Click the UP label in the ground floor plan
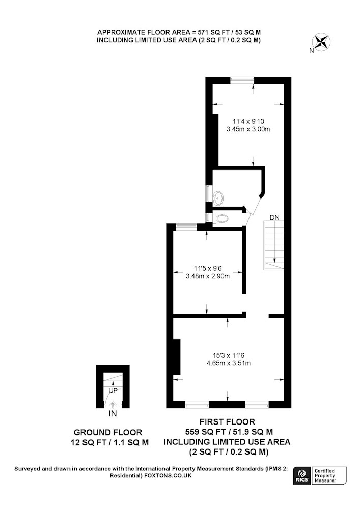coord(113,390)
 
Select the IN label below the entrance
coord(113,414)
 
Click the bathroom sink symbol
coord(218,197)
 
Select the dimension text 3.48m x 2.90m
coord(207,276)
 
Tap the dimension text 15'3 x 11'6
coord(229,355)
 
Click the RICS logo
coord(300,476)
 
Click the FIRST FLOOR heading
coord(227,421)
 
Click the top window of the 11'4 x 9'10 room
coord(242,79)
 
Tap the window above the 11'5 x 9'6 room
coord(186,227)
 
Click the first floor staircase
coord(273,245)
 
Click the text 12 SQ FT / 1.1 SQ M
coord(109,442)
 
